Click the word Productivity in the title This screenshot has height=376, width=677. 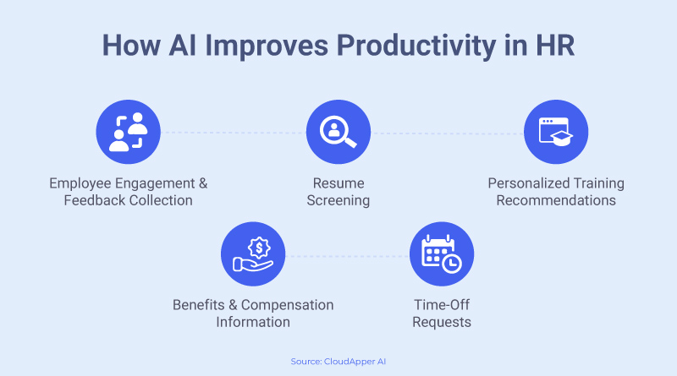[x=416, y=46]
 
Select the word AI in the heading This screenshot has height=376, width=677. [x=183, y=45]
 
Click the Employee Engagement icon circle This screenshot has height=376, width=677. [x=129, y=132]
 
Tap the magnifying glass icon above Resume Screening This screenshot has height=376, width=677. [x=338, y=132]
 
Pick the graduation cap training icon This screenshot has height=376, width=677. [x=556, y=132]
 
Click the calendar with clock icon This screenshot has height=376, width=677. [x=442, y=254]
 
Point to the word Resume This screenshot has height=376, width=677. [x=338, y=183]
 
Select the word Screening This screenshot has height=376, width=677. [x=338, y=201]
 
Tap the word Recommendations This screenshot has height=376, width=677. [x=556, y=200]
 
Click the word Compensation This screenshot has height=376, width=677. [x=287, y=305]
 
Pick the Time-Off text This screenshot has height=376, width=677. [x=442, y=305]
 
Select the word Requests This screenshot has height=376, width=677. [x=442, y=323]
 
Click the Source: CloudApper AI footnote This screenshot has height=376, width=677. [x=338, y=362]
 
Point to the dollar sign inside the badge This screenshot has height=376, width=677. [x=259, y=248]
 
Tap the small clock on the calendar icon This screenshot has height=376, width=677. [x=452, y=264]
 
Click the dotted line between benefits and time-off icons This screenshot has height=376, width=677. [x=348, y=256]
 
